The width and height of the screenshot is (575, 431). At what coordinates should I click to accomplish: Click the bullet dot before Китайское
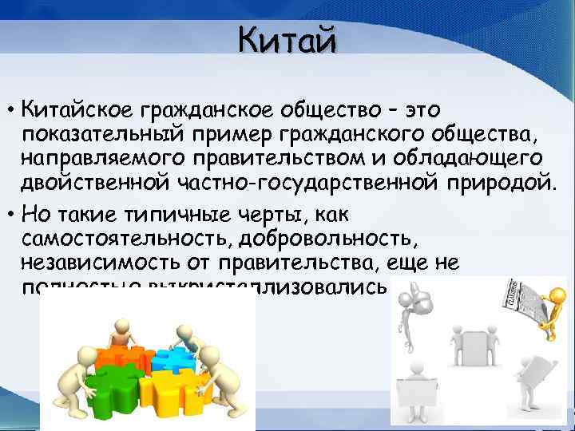pyautogui.click(x=14, y=109)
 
